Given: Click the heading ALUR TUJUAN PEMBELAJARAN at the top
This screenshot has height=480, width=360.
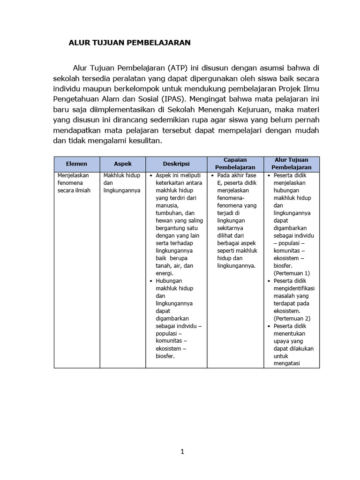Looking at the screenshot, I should [x=129, y=43].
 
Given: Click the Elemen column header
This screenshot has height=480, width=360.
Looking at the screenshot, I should [x=76, y=164].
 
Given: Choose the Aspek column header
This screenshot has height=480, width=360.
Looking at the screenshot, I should [x=123, y=164].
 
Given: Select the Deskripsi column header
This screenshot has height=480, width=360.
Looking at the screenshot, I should [x=176, y=164].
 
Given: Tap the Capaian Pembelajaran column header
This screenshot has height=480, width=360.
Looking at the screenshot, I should [x=235, y=164].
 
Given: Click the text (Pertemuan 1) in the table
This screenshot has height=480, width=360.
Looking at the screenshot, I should [x=292, y=273].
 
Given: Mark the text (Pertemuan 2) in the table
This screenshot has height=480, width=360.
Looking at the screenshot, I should [x=292, y=318].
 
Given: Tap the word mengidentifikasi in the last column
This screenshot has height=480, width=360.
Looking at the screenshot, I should [x=294, y=288].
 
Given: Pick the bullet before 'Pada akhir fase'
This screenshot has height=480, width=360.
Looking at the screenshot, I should [x=212, y=175].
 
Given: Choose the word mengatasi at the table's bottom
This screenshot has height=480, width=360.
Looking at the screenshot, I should [x=287, y=363].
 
